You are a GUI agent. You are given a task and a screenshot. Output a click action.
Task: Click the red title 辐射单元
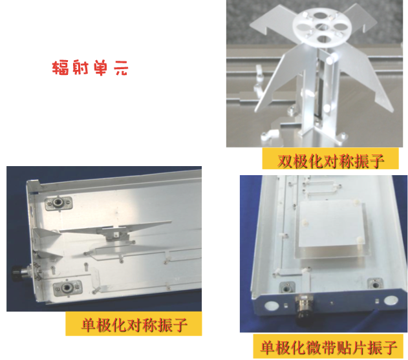[90, 68]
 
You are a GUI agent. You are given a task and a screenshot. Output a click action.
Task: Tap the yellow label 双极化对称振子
[330, 158]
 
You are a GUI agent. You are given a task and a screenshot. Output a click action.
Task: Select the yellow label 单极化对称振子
[133, 324]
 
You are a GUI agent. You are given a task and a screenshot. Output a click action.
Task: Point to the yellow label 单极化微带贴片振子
[329, 346]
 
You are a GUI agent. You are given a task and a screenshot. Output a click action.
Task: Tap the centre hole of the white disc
[322, 26]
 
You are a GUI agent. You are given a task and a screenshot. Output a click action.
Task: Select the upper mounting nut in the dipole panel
[58, 203]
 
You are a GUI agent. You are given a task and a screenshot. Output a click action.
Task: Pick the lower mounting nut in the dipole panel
[67, 288]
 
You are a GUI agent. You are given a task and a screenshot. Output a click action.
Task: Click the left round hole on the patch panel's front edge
[271, 306]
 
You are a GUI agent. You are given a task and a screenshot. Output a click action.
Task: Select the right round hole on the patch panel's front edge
[391, 301]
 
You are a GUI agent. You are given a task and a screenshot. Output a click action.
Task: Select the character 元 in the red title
[121, 68]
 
